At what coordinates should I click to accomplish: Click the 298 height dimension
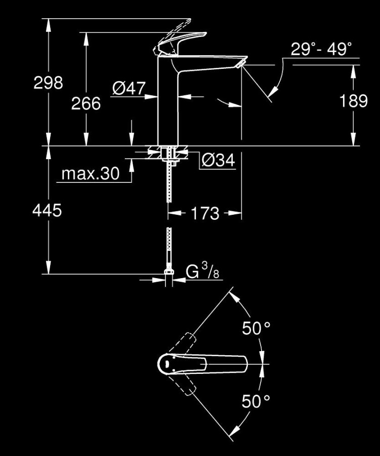[x=48, y=83]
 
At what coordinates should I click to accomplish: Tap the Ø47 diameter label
[x=129, y=89]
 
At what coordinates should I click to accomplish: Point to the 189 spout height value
[x=353, y=101]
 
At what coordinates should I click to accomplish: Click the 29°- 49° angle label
[x=321, y=50]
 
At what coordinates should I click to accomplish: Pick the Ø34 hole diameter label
[x=218, y=161]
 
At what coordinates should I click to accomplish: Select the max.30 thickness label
[x=90, y=174]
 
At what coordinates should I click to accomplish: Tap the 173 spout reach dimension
[x=204, y=213]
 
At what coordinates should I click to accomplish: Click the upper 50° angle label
[x=256, y=328]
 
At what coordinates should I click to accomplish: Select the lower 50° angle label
[x=256, y=402]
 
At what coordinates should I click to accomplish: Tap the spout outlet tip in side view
[x=241, y=62]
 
